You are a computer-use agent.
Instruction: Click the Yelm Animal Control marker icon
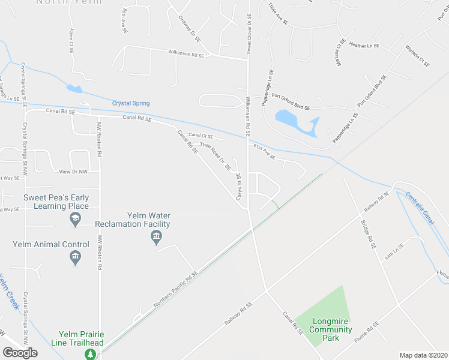coord(75,258)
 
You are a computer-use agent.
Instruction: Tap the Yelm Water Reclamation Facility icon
coord(156,238)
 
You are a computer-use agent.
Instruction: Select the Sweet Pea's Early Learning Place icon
coord(75,220)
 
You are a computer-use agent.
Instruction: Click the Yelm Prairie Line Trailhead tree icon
coord(90,354)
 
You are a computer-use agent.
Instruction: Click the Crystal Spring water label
coord(131,103)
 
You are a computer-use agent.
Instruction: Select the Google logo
coord(19,353)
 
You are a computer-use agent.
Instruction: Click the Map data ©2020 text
coord(424,355)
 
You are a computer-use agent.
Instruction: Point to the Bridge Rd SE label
coord(368,234)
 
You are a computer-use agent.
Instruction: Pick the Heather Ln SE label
coord(365,46)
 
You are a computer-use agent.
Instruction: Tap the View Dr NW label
coord(73,172)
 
